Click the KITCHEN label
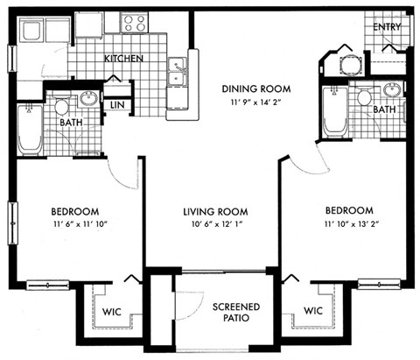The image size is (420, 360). click(x=124, y=60)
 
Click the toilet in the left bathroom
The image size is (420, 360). click(x=62, y=108)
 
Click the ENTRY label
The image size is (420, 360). click(x=386, y=27)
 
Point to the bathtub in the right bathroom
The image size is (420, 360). click(x=333, y=112)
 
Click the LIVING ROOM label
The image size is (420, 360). click(x=214, y=212)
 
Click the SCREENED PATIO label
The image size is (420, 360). click(x=234, y=314)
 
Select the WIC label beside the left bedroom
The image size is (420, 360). click(x=111, y=311)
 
